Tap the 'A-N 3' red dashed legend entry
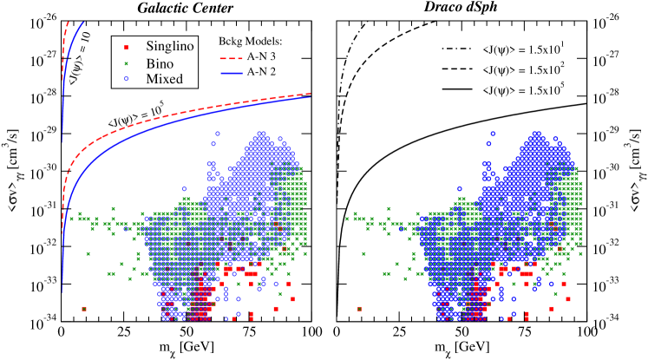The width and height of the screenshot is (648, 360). pyautogui.click(x=251, y=61)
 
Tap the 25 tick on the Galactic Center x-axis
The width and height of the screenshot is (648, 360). pyautogui.click(x=124, y=333)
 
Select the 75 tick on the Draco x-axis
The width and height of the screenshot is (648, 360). pyautogui.click(x=525, y=333)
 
